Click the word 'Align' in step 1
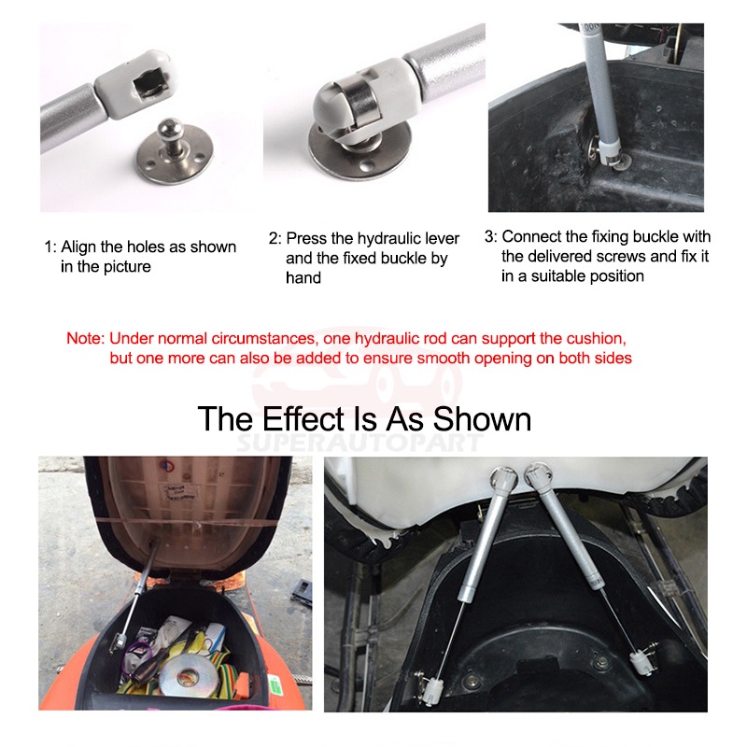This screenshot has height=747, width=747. tap(78, 247)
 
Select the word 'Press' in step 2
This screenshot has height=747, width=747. tap(307, 238)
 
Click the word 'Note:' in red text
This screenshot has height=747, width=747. tap(85, 338)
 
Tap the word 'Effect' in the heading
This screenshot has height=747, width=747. tap(304, 418)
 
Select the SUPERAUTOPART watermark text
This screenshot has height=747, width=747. tap(359, 442)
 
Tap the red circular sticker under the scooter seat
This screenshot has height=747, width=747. tap(164, 465)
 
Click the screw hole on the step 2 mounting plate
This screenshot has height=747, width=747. tap(366, 166)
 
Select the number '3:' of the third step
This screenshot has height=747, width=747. tap(491, 236)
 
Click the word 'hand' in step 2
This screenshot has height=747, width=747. tap(303, 277)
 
